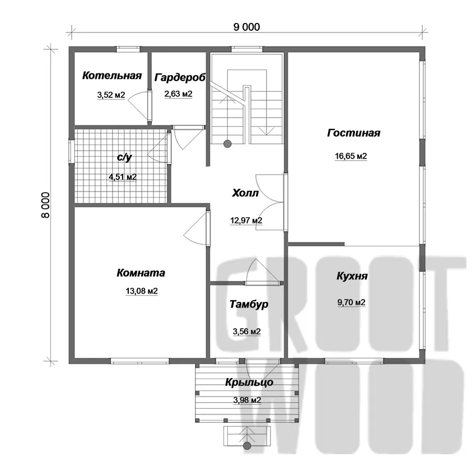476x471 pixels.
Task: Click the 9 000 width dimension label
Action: [x=246, y=27]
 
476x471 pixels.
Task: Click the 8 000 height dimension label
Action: [x=45, y=205]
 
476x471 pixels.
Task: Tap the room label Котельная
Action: [x=112, y=75]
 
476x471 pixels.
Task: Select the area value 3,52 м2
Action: [x=111, y=95]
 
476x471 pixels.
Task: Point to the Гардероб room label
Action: [x=180, y=77]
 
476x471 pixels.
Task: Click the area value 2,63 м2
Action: [x=179, y=94]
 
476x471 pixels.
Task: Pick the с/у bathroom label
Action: [x=124, y=157]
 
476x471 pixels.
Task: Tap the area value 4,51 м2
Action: [x=123, y=177]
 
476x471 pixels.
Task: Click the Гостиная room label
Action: [x=354, y=133]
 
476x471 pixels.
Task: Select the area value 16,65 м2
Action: [x=351, y=156]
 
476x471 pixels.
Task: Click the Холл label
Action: [x=245, y=193]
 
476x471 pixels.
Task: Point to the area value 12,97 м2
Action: [x=246, y=220]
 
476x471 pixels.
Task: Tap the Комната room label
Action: [x=141, y=273]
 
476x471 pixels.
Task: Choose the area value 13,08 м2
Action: [x=142, y=291]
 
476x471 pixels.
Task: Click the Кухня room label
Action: [x=352, y=276]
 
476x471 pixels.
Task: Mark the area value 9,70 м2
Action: [x=352, y=302]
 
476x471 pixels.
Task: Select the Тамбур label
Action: [x=249, y=304]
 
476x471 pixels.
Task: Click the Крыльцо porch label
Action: [x=249, y=383]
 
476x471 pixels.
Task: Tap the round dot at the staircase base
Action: [x=227, y=144]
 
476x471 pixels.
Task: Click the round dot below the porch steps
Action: [x=248, y=445]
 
